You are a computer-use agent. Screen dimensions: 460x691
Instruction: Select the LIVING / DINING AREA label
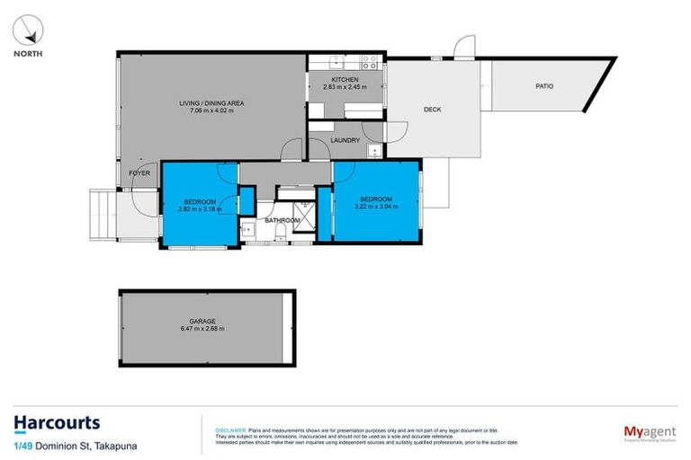tap(211, 103)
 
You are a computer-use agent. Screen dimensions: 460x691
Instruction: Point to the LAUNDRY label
tap(345, 140)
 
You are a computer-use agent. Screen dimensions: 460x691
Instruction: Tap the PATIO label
tap(544, 86)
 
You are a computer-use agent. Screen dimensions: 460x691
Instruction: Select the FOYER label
tap(139, 172)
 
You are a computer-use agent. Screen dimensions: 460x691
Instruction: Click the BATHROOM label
tap(281, 220)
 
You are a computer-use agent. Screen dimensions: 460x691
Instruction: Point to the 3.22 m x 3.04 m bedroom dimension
tap(376, 208)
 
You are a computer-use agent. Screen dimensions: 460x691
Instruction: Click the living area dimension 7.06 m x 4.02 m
tap(211, 112)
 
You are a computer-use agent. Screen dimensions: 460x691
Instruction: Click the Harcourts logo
tap(57, 422)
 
